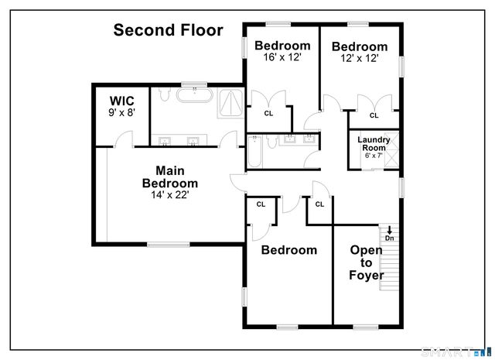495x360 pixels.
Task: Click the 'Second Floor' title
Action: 168,30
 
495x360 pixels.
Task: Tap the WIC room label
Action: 122,101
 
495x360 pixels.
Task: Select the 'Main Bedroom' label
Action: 169,177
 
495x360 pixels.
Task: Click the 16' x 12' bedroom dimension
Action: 282,57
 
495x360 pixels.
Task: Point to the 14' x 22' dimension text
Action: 169,195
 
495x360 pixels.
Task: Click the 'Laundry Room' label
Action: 374,143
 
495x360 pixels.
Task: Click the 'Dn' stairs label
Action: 390,238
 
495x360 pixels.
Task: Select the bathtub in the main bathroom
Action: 194,96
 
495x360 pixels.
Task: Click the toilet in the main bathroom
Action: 162,94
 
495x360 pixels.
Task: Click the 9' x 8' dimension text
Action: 122,112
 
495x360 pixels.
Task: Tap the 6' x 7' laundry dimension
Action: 374,156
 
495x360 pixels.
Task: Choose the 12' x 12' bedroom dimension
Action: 360,58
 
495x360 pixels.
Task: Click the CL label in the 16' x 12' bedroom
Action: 268,113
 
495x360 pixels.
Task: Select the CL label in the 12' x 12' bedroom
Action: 374,115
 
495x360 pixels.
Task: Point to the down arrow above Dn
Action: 390,229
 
